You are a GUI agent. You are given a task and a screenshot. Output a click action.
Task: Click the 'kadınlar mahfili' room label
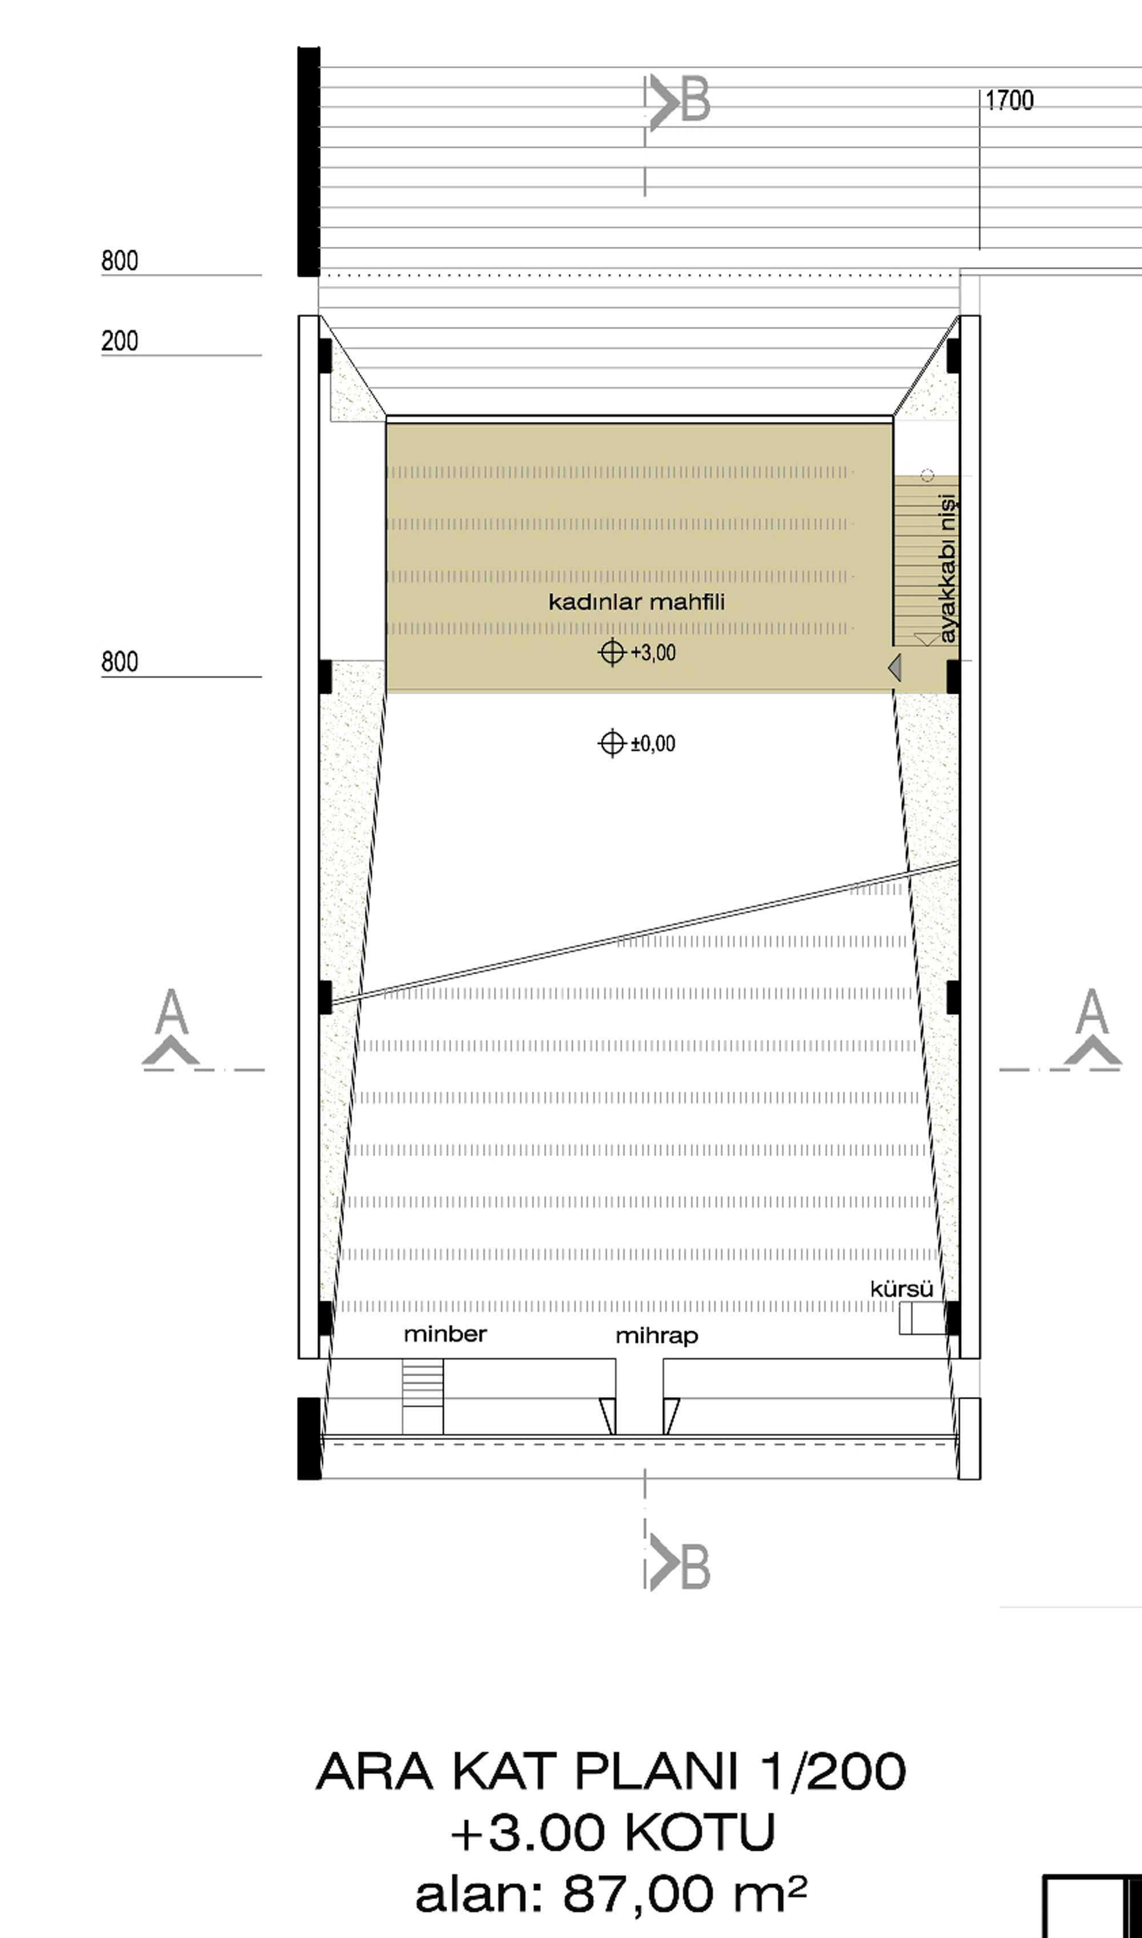point(637,602)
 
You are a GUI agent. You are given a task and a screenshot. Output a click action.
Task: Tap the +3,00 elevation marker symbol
point(612,653)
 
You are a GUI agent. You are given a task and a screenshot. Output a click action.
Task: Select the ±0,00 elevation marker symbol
point(612,743)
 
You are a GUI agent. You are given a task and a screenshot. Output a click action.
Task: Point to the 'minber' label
point(445,1333)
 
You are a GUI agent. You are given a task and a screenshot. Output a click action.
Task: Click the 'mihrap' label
point(657,1336)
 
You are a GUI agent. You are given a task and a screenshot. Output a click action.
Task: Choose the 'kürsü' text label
point(902,1289)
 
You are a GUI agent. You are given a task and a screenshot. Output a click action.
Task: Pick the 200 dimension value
point(120,340)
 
